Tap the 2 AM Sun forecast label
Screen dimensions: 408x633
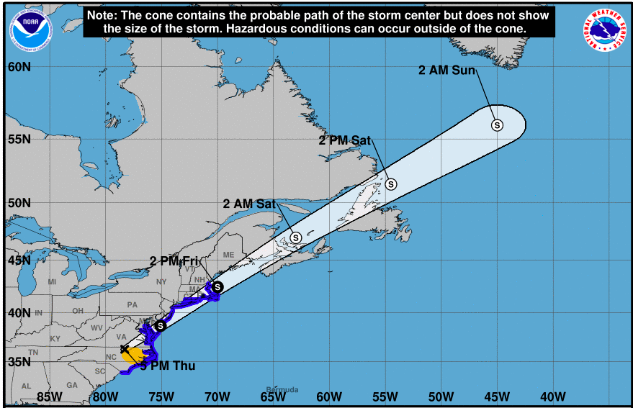[442, 70]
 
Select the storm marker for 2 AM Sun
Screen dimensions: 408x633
[497, 125]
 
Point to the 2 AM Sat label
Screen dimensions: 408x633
[250, 204]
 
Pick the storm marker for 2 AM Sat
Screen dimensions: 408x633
[296, 237]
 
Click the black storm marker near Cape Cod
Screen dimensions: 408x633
[217, 287]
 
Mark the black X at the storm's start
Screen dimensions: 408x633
[125, 349]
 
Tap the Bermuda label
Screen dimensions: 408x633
[282, 390]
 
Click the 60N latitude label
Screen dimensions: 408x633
[19, 67]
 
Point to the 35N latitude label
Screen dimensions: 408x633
[19, 361]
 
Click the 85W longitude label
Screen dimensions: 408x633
[48, 396]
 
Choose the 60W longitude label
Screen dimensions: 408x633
[328, 396]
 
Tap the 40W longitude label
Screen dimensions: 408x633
[552, 396]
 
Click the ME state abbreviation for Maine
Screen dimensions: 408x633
[229, 255]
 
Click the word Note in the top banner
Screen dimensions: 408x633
[102, 15]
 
